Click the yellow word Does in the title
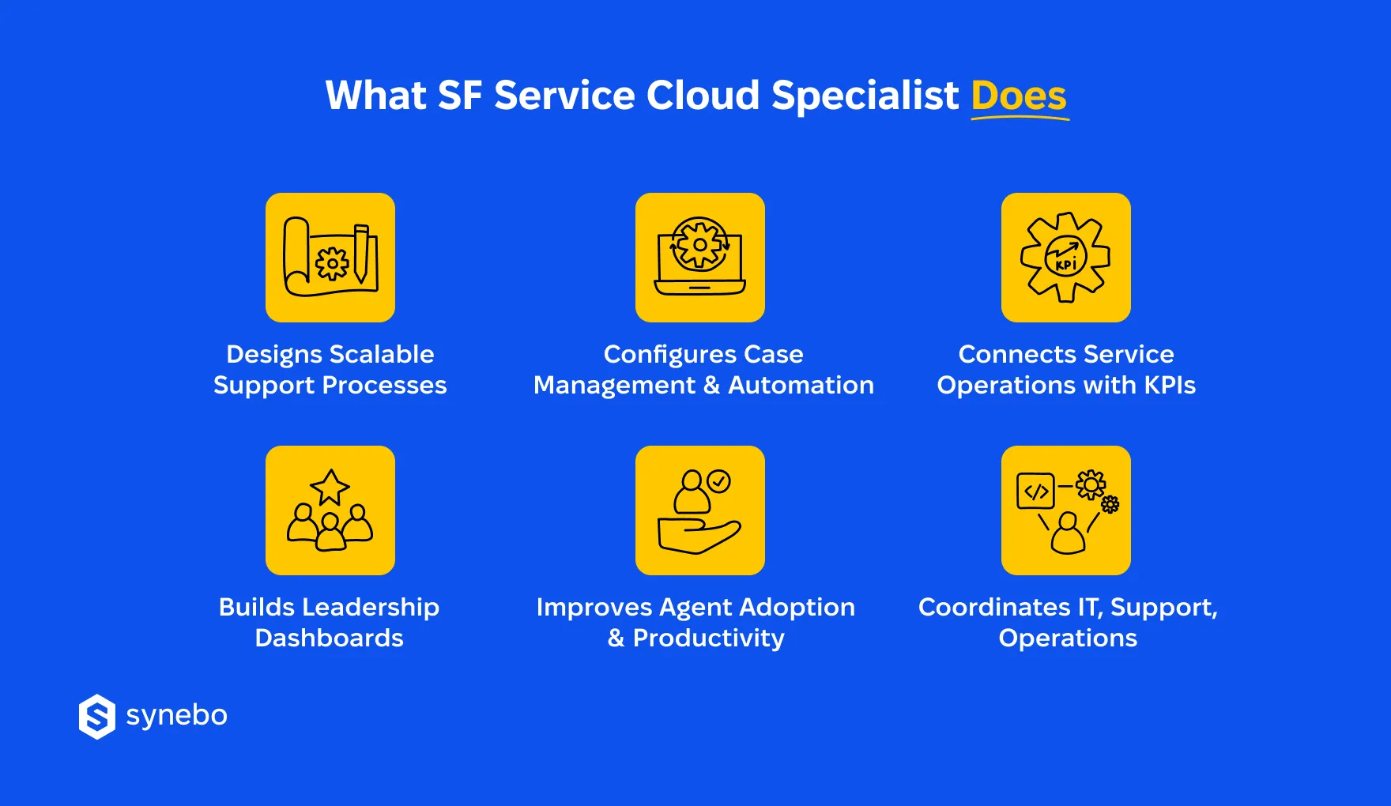[x=1019, y=96]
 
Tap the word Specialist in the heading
[x=865, y=96]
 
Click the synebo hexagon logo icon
[x=97, y=717]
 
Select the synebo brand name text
[x=176, y=715]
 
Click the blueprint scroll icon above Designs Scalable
[x=330, y=258]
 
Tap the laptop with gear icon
[x=700, y=258]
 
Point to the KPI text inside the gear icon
[x=1066, y=264]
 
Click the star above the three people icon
[x=330, y=486]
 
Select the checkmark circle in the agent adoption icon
[x=719, y=480]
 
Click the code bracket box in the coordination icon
[x=1035, y=492]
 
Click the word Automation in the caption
[x=801, y=385]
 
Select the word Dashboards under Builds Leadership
[x=329, y=638]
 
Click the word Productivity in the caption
[x=708, y=638]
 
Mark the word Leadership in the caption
[x=374, y=607]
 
